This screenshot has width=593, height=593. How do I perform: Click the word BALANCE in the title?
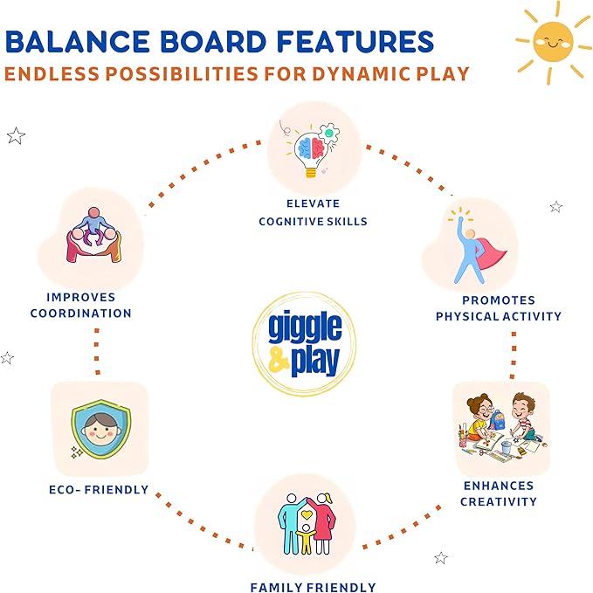tap(82, 42)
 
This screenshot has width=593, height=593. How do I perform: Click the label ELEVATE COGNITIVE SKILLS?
tap(313, 213)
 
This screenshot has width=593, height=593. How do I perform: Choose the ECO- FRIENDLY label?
tap(99, 489)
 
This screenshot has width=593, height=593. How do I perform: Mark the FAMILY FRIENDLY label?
tap(313, 587)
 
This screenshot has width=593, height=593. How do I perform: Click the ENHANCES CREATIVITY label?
tap(498, 493)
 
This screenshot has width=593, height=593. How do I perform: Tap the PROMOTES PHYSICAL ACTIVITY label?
tap(499, 307)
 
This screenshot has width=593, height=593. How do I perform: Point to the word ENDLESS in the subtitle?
tap(40, 72)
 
